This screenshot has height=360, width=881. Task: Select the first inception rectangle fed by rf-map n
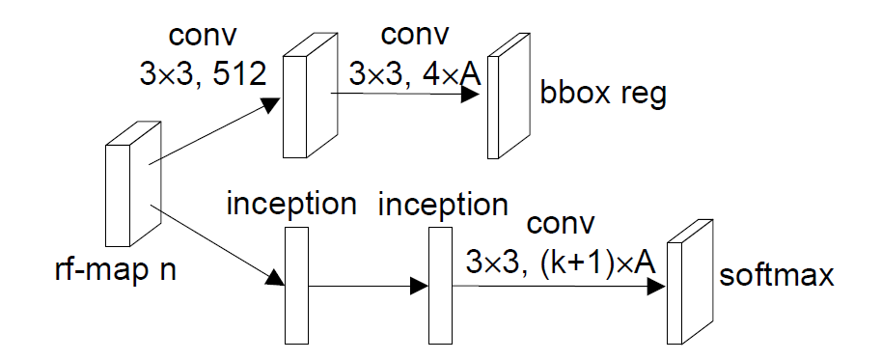click(x=296, y=286)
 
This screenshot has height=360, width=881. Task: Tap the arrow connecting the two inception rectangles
click(x=367, y=286)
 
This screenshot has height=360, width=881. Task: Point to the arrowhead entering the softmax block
click(x=656, y=287)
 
